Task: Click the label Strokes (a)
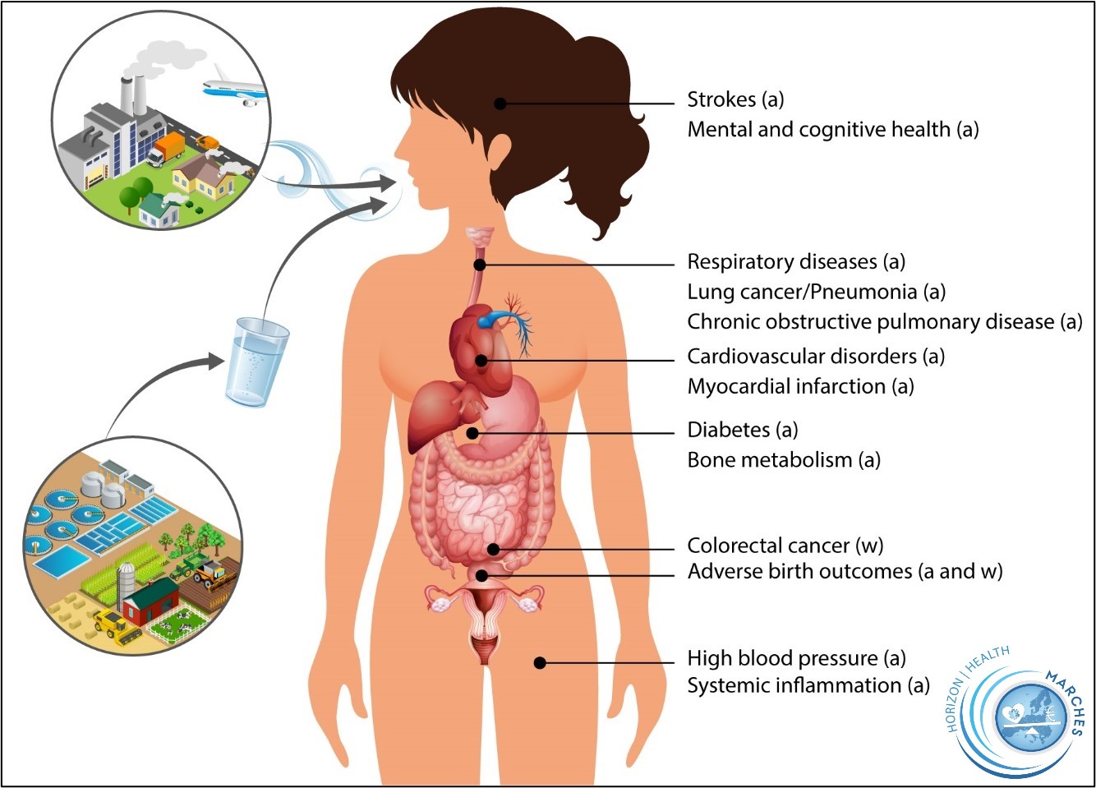[735, 100]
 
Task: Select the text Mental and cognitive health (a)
[832, 130]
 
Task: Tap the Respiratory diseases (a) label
[795, 262]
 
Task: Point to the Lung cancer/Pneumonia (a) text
[816, 292]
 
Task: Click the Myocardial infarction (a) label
[800, 386]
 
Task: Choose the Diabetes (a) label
[742, 430]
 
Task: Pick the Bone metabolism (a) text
[783, 460]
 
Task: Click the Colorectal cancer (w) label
[785, 546]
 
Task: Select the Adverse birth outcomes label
[845, 571]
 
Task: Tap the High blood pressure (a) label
[796, 658]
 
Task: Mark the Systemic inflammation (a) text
[808, 685]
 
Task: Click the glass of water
[258, 362]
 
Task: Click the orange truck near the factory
[168, 149]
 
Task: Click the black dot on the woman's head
[500, 103]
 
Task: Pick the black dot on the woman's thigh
[540, 662]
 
